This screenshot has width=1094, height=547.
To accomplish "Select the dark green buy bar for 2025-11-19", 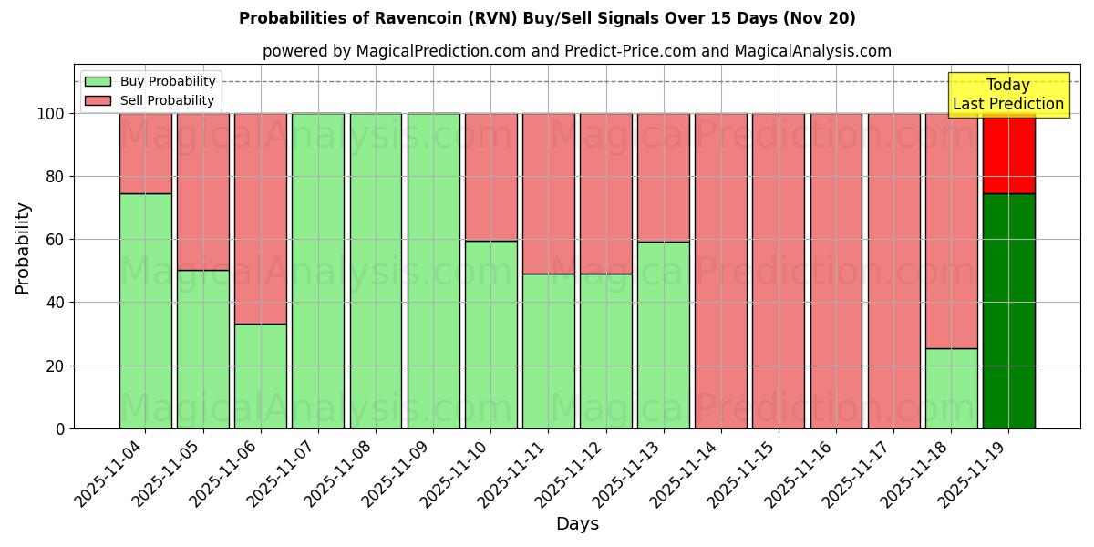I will [1008, 310].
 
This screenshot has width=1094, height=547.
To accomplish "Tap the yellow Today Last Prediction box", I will [1008, 95].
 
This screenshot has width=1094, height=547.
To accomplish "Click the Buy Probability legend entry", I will [150, 81].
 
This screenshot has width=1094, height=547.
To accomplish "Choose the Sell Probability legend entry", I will [150, 100].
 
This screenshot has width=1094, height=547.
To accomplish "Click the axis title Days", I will [577, 524].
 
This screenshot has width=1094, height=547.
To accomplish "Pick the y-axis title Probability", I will [23, 247].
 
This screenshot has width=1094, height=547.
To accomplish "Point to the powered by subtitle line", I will [577, 51].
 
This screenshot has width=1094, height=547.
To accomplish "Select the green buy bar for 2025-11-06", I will [260, 376].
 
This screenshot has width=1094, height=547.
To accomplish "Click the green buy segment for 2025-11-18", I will [951, 387].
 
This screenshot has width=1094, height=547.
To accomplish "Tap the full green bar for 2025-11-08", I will [376, 271].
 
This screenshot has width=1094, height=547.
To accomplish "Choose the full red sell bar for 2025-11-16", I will [836, 271].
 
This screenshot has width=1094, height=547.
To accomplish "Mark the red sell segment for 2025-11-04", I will [145, 153].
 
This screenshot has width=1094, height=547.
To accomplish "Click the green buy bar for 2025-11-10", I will [490, 334].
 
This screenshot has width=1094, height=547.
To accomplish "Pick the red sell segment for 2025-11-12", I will [605, 193].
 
